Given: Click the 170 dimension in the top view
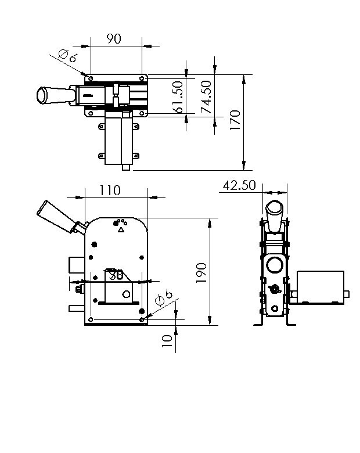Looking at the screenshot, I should [235, 121].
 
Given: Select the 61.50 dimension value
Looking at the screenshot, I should [178, 96].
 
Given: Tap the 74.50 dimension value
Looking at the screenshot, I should [206, 96].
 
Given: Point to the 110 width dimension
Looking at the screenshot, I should [110, 190].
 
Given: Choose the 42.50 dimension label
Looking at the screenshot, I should [239, 185].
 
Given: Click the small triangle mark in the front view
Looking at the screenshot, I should [121, 231].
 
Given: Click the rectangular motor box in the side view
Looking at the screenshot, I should [320, 287].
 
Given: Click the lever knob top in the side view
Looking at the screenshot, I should [275, 207].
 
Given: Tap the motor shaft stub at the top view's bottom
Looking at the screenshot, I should [127, 167].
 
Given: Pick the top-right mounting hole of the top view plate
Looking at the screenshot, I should [142, 77].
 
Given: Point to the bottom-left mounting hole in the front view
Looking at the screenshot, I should [92, 318].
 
